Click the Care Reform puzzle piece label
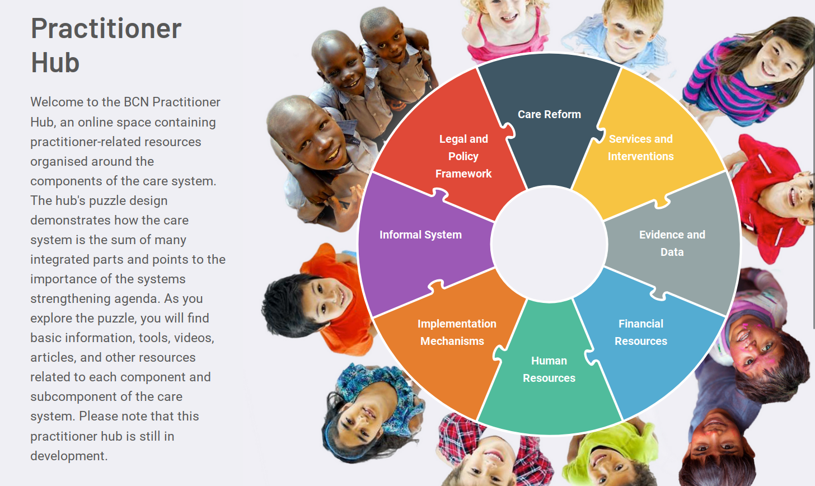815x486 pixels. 549,114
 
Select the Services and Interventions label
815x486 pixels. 641,148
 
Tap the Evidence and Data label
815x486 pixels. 672,243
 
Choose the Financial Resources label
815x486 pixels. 641,332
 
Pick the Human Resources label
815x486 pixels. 549,369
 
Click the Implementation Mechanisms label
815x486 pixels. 456,332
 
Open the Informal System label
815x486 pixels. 420,235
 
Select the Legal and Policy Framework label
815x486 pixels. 463,156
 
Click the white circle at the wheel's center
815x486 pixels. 549,244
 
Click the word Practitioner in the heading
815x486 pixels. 106,29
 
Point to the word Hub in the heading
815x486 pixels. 55,63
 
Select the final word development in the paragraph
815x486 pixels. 68,456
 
